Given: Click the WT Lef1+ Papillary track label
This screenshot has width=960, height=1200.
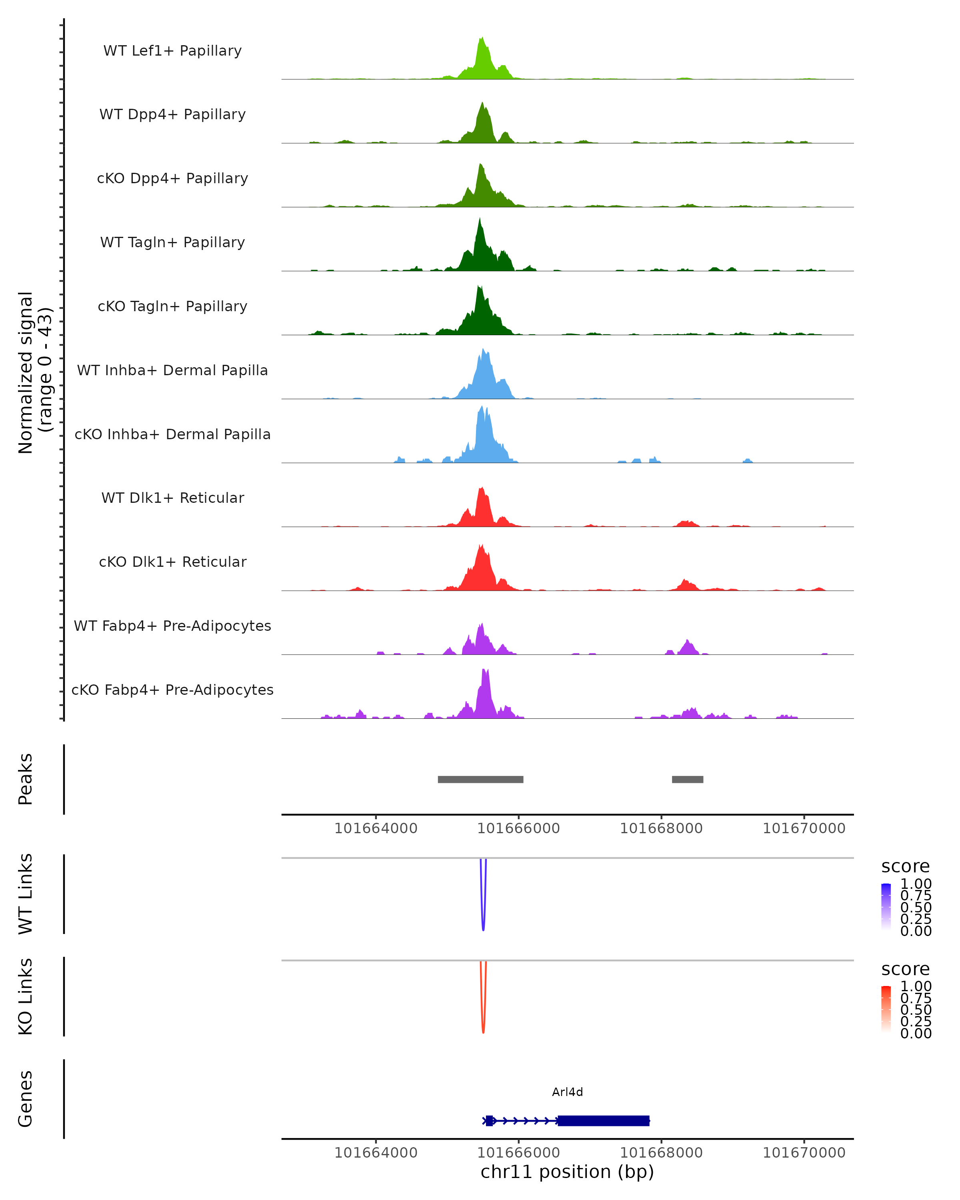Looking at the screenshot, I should (x=172, y=51).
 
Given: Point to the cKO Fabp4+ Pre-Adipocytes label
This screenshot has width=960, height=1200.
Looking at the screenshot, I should (x=172, y=690).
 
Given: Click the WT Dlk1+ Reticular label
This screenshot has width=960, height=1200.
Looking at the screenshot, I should (x=172, y=498).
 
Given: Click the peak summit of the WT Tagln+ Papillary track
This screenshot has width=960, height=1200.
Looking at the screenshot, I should (x=479, y=219).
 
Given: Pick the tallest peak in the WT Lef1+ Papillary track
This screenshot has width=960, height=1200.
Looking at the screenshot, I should (x=482, y=38).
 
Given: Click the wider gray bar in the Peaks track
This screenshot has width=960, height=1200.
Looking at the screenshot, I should (x=480, y=779).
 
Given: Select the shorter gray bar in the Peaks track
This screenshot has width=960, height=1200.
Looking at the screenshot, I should (x=687, y=779).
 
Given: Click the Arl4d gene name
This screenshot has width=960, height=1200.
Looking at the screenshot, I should (x=567, y=1092).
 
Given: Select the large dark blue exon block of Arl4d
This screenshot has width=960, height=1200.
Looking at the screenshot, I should (x=603, y=1120).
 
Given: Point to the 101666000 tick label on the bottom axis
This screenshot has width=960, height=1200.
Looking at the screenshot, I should (x=519, y=1153).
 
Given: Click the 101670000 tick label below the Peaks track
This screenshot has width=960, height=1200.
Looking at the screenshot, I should (x=804, y=828).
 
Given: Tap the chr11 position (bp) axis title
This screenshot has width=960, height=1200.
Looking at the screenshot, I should (x=567, y=1172).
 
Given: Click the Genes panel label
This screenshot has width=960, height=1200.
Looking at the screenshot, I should (x=26, y=1099).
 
